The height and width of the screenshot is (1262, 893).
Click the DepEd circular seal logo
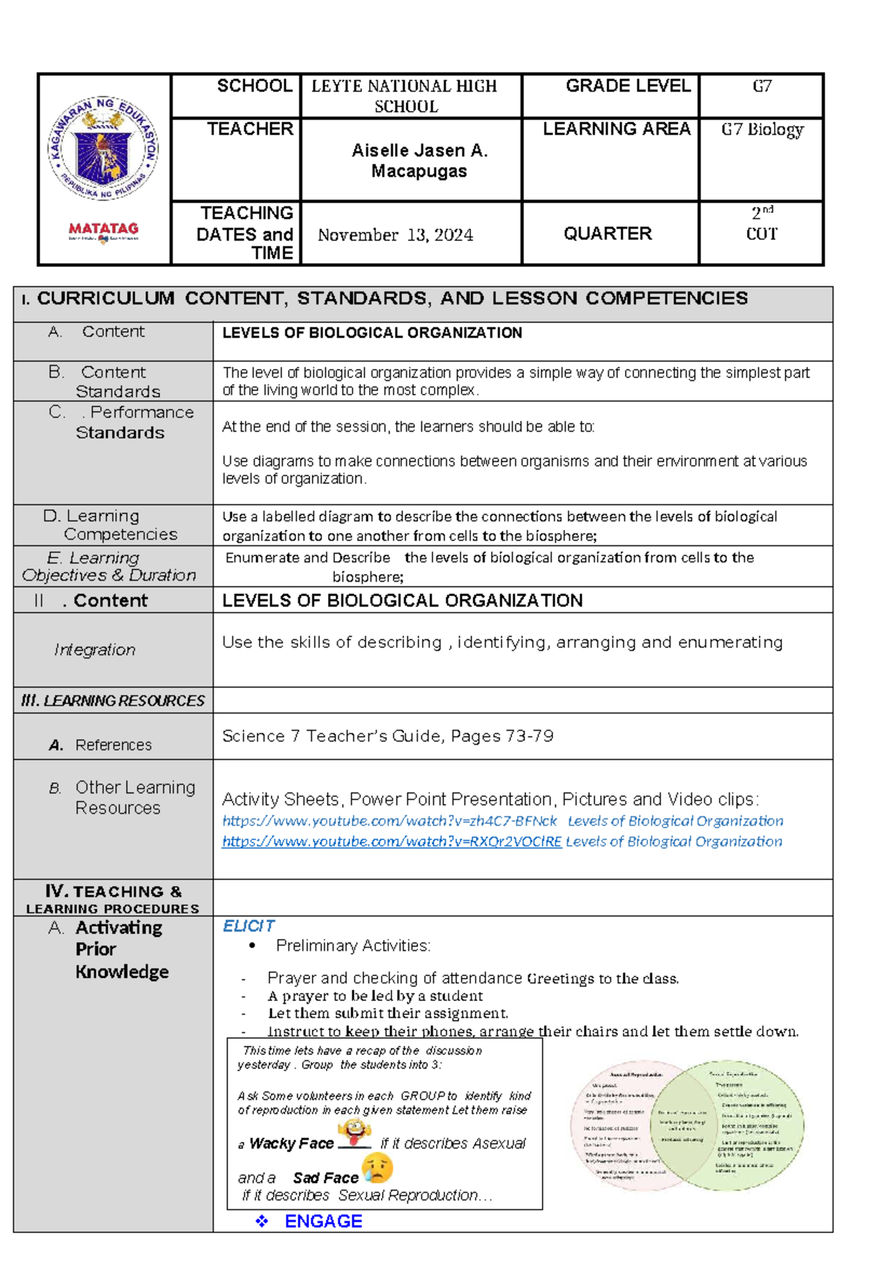pyautogui.click(x=103, y=149)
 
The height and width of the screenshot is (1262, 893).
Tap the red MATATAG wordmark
pyautogui.click(x=103, y=229)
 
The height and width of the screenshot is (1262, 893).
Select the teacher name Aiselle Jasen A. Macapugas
pyautogui.click(x=419, y=161)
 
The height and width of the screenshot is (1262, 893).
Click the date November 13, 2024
pyautogui.click(x=395, y=235)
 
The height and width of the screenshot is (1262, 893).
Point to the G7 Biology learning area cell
pyautogui.click(x=762, y=129)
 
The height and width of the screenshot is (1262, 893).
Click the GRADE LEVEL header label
pyautogui.click(x=627, y=86)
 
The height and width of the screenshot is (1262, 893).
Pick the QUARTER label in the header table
pyautogui.click(x=607, y=234)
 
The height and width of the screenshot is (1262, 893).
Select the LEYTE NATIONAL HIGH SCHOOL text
pyautogui.click(x=404, y=96)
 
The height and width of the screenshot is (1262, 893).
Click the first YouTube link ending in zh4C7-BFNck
pyautogui.click(x=389, y=821)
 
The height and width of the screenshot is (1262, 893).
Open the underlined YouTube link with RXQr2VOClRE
pyautogui.click(x=391, y=842)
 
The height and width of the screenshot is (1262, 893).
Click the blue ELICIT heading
pyautogui.click(x=249, y=926)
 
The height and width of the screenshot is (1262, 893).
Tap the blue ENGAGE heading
pyautogui.click(x=323, y=1221)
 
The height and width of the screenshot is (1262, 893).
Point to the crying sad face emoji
pyautogui.click(x=378, y=1168)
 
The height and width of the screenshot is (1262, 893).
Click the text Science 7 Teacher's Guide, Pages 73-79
pyautogui.click(x=388, y=736)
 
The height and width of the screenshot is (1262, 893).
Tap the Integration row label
pyautogui.click(x=95, y=650)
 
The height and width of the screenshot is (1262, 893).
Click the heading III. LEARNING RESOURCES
pyautogui.click(x=112, y=701)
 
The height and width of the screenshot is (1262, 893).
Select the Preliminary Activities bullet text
pyautogui.click(x=353, y=946)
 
